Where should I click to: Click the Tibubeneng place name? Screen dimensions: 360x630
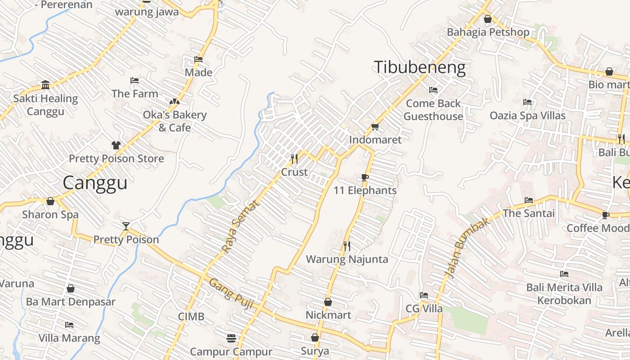(x=420, y=67)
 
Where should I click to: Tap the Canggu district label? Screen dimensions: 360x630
(x=95, y=183)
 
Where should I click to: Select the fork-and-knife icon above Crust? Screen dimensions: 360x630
(x=294, y=158)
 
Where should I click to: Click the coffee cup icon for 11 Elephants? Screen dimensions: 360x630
(x=365, y=177)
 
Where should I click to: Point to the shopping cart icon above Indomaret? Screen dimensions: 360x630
(x=375, y=126)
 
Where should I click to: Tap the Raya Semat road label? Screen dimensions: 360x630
(x=240, y=226)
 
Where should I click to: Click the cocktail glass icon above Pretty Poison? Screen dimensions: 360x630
(x=126, y=226)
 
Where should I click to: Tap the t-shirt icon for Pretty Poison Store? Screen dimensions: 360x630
(x=116, y=145)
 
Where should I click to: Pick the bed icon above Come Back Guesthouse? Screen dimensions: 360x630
(x=433, y=90)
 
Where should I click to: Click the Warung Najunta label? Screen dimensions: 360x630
(x=347, y=259)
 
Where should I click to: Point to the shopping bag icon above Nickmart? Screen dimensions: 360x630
(x=328, y=302)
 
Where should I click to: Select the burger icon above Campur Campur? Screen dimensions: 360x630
(x=231, y=338)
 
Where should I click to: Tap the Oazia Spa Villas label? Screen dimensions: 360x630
(x=527, y=116)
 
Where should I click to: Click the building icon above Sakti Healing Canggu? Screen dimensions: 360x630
(x=45, y=85)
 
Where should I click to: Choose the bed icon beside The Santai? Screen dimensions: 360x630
(x=529, y=200)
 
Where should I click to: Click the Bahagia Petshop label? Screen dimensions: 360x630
(x=488, y=32)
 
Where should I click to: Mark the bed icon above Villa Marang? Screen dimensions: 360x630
(x=69, y=324)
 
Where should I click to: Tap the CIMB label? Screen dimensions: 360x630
(x=191, y=316)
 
